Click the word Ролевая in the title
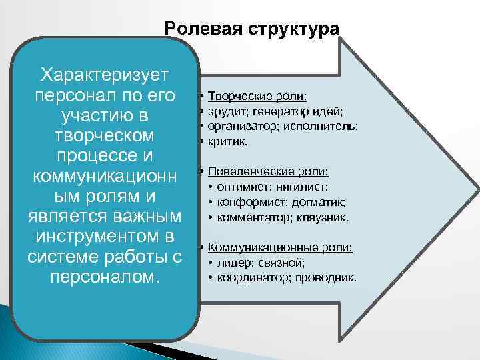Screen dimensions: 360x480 tap(201, 29)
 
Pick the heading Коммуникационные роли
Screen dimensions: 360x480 tap(280, 247)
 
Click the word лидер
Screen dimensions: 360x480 tap(232, 263)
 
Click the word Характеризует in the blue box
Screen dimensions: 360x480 tap(106, 73)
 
